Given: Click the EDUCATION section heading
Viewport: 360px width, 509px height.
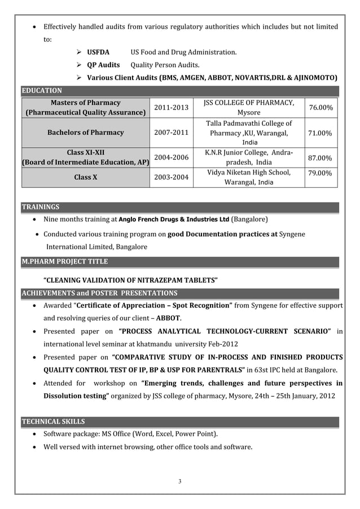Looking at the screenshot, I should (x=42, y=90).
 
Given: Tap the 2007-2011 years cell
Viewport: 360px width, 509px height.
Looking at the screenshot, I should (x=172, y=133).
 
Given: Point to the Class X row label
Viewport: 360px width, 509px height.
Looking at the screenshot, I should (x=86, y=177).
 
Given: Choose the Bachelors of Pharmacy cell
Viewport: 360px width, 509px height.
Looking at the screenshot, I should (x=86, y=133).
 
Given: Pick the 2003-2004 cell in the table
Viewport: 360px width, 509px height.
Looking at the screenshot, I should (x=172, y=177).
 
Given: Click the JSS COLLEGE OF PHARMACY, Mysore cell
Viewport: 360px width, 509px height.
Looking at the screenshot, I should (x=249, y=107).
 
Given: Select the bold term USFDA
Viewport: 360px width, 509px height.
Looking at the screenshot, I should (x=98, y=52).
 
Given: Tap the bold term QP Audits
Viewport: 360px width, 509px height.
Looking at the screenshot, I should (x=103, y=65).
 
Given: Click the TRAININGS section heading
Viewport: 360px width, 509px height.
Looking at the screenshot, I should (x=40, y=207).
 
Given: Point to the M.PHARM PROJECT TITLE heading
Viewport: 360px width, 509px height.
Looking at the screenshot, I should (x=64, y=262).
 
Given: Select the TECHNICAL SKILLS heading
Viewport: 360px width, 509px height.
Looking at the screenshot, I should (x=53, y=422).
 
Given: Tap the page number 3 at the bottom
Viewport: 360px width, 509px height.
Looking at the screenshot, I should (x=179, y=481).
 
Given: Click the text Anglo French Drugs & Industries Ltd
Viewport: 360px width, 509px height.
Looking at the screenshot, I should (x=174, y=219).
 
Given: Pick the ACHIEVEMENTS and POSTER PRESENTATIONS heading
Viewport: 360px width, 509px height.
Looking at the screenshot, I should (x=99, y=293).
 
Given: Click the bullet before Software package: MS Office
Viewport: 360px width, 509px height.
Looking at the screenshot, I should (x=36, y=434).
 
